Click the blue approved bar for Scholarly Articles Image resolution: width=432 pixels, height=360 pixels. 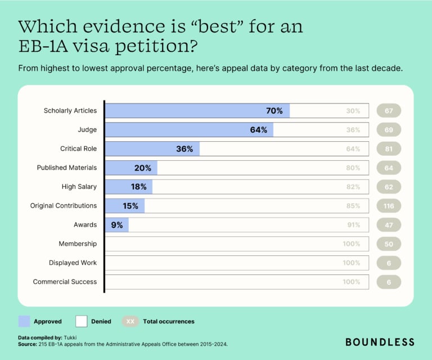[x=197, y=111]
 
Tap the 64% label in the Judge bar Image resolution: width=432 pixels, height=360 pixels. [x=258, y=130]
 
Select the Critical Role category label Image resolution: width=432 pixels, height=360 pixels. [x=78, y=149]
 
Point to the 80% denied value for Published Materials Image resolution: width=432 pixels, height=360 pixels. [x=353, y=168]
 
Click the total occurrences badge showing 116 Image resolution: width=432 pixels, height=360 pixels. [x=389, y=206]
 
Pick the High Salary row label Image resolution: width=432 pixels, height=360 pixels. [x=79, y=187]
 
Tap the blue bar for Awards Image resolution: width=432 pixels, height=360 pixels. [x=117, y=225]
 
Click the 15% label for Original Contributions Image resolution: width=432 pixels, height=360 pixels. [x=130, y=206]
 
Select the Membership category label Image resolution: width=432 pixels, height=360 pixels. [x=78, y=244]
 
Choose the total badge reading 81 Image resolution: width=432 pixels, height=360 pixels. [x=389, y=149]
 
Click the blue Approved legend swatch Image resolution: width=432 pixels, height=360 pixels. [x=24, y=321]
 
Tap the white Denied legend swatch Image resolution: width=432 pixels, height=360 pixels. [x=82, y=321]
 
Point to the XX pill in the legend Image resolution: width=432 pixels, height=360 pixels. [x=130, y=321]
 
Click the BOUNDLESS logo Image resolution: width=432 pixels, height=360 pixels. [x=380, y=342]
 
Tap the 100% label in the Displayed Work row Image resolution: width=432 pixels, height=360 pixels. [x=351, y=263]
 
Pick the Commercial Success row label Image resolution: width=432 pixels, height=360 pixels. [x=65, y=282]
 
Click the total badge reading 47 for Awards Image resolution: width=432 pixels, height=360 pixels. [x=389, y=225]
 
